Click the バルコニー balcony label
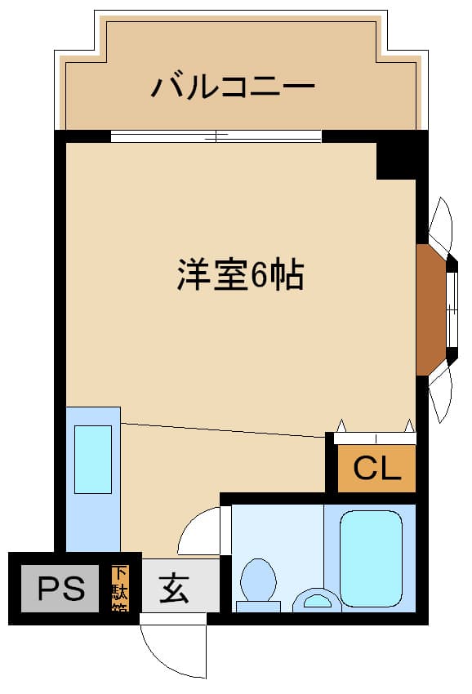click(233, 86)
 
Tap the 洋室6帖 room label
click(240, 276)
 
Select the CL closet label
click(376, 469)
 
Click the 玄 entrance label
click(174, 588)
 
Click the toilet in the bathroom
click(259, 581)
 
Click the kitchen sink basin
click(92, 458)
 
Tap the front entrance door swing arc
click(167, 648)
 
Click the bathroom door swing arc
click(198, 532)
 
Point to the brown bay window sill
click(430, 309)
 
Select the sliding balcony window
click(216, 136)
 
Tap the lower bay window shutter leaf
click(440, 394)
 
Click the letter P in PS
click(48, 589)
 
